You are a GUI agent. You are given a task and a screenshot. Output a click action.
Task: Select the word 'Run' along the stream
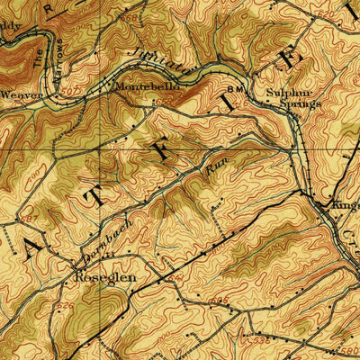click(x=214, y=164)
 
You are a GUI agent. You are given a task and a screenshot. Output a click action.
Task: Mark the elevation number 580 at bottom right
click(x=349, y=346)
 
